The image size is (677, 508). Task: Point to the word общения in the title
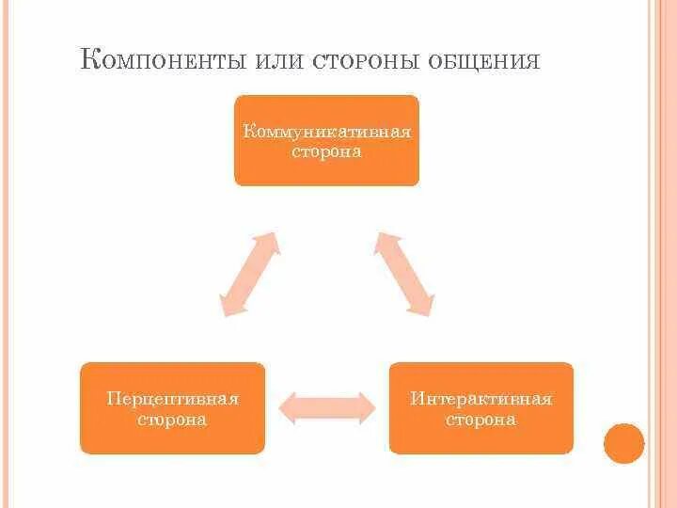click(483, 62)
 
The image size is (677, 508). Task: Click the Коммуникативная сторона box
click(326, 140)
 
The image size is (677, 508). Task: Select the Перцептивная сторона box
click(172, 408)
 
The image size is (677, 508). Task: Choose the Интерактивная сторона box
click(480, 408)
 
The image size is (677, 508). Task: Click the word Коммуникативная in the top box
click(326, 131)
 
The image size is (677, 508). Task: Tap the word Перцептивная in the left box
click(172, 399)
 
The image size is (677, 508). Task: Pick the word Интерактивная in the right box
click(480, 399)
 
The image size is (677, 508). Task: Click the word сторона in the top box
click(326, 151)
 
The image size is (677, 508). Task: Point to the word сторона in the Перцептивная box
click(172, 420)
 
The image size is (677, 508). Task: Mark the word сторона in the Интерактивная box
click(480, 420)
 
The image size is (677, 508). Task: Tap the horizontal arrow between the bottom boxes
click(327, 406)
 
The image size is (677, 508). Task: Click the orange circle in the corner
click(623, 442)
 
